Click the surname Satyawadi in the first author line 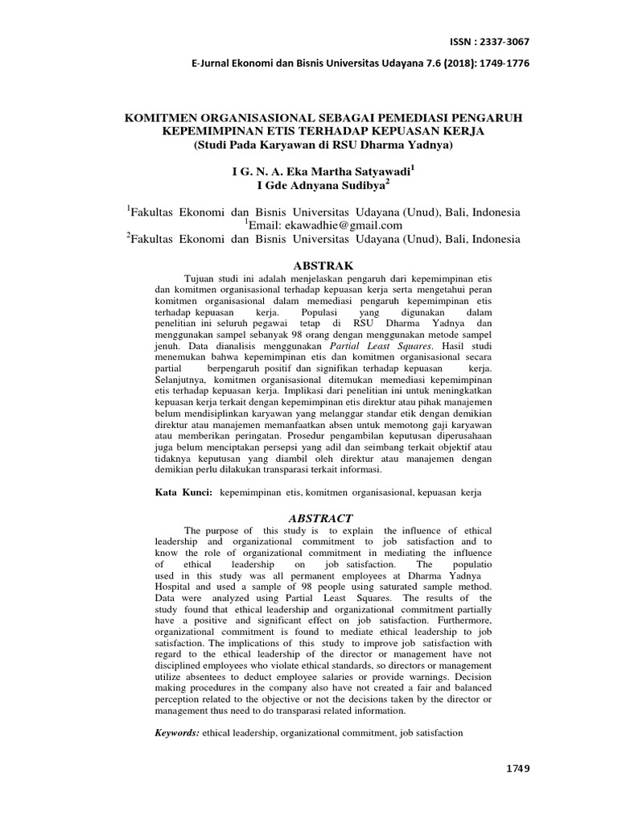(x=378, y=171)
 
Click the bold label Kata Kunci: (x=183, y=491)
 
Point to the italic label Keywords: (x=177, y=733)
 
